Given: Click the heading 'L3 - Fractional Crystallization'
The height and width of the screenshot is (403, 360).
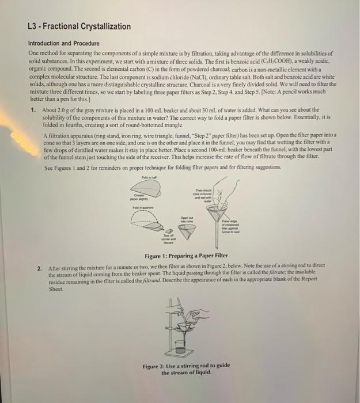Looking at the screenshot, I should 79,26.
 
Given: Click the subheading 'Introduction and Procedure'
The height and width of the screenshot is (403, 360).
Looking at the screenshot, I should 63,43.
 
